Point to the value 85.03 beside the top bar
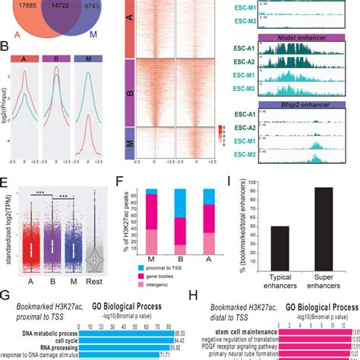click(x=158, y=332)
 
